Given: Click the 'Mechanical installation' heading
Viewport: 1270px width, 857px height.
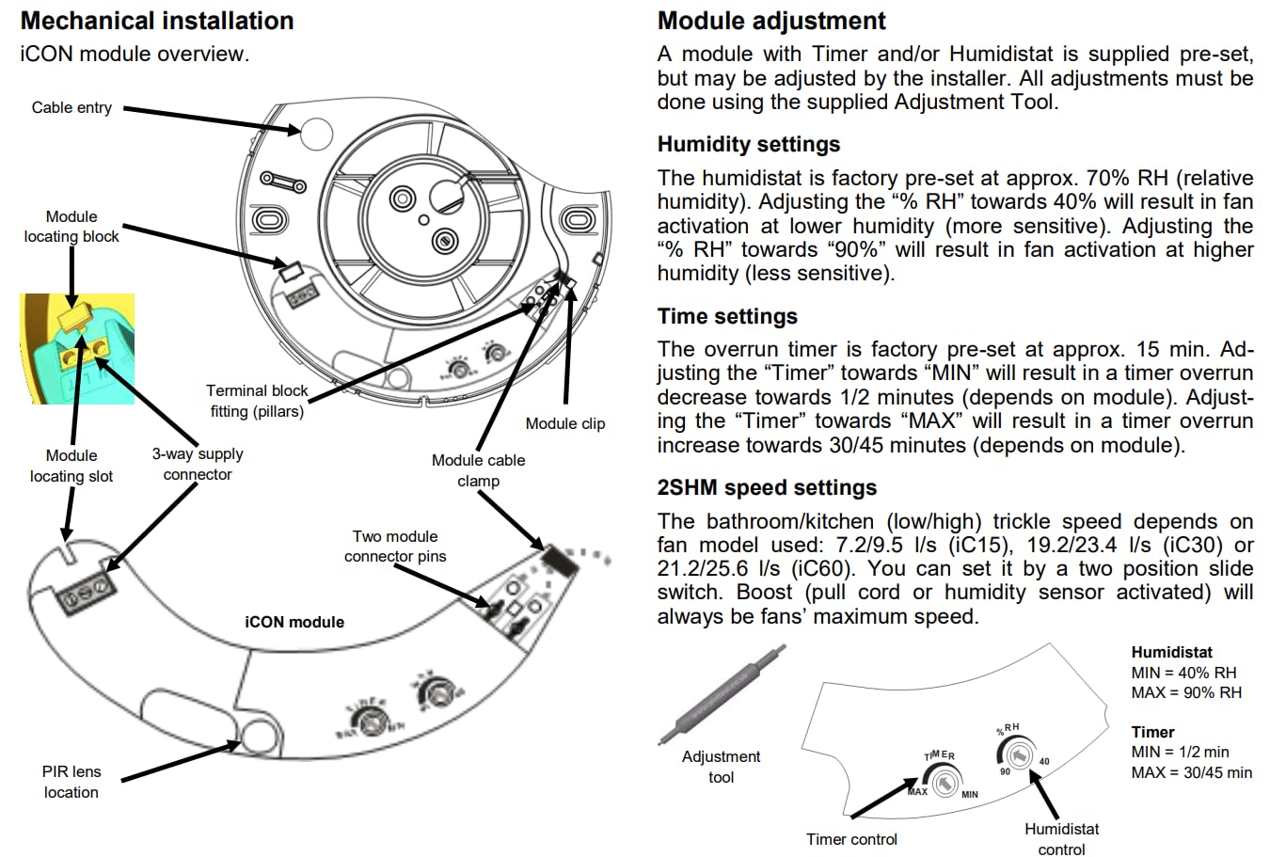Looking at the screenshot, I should click(x=157, y=21).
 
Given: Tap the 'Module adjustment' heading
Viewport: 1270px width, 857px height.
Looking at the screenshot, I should click(x=771, y=21).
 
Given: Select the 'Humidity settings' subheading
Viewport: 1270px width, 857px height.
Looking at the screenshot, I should click(x=749, y=144).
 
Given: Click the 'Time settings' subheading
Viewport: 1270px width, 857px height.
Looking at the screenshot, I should click(x=727, y=316).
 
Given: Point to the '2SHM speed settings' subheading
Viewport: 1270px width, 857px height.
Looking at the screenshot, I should click(x=767, y=487).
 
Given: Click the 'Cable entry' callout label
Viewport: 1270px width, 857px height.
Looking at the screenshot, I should click(x=71, y=107).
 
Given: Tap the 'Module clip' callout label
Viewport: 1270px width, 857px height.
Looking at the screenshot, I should click(x=565, y=423).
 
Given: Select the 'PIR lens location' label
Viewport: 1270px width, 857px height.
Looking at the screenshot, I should click(x=71, y=782).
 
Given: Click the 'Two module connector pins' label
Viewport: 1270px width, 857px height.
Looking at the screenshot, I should click(x=395, y=546).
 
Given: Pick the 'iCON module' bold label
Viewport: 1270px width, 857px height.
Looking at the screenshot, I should click(x=294, y=622).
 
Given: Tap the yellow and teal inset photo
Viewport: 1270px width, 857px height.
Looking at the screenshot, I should click(x=77, y=348).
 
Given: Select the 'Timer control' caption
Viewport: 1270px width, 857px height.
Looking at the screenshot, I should click(x=851, y=839).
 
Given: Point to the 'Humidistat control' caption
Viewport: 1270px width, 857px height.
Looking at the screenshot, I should click(x=1061, y=838).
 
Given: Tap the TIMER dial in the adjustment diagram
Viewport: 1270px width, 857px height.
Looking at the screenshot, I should click(x=944, y=782).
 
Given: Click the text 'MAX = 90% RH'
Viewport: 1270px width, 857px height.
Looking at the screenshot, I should click(x=1186, y=692).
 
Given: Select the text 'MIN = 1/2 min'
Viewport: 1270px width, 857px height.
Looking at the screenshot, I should click(x=1180, y=752).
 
